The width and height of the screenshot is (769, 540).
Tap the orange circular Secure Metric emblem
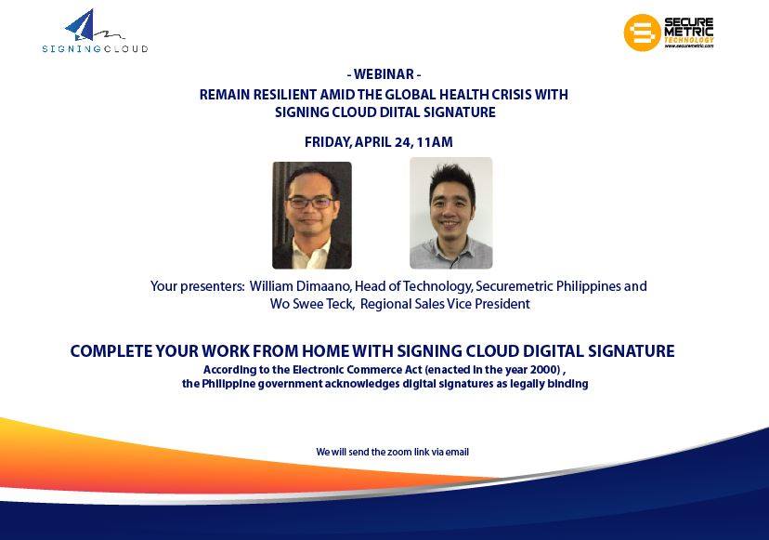(x=642, y=33)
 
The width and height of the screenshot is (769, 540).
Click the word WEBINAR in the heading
(x=384, y=74)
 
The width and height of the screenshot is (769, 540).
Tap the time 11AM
(x=435, y=142)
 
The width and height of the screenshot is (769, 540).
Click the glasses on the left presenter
(x=310, y=202)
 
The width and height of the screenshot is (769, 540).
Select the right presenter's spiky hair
(x=452, y=180)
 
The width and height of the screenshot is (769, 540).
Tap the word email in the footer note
(x=457, y=452)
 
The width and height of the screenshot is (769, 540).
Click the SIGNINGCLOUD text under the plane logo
(x=95, y=48)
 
